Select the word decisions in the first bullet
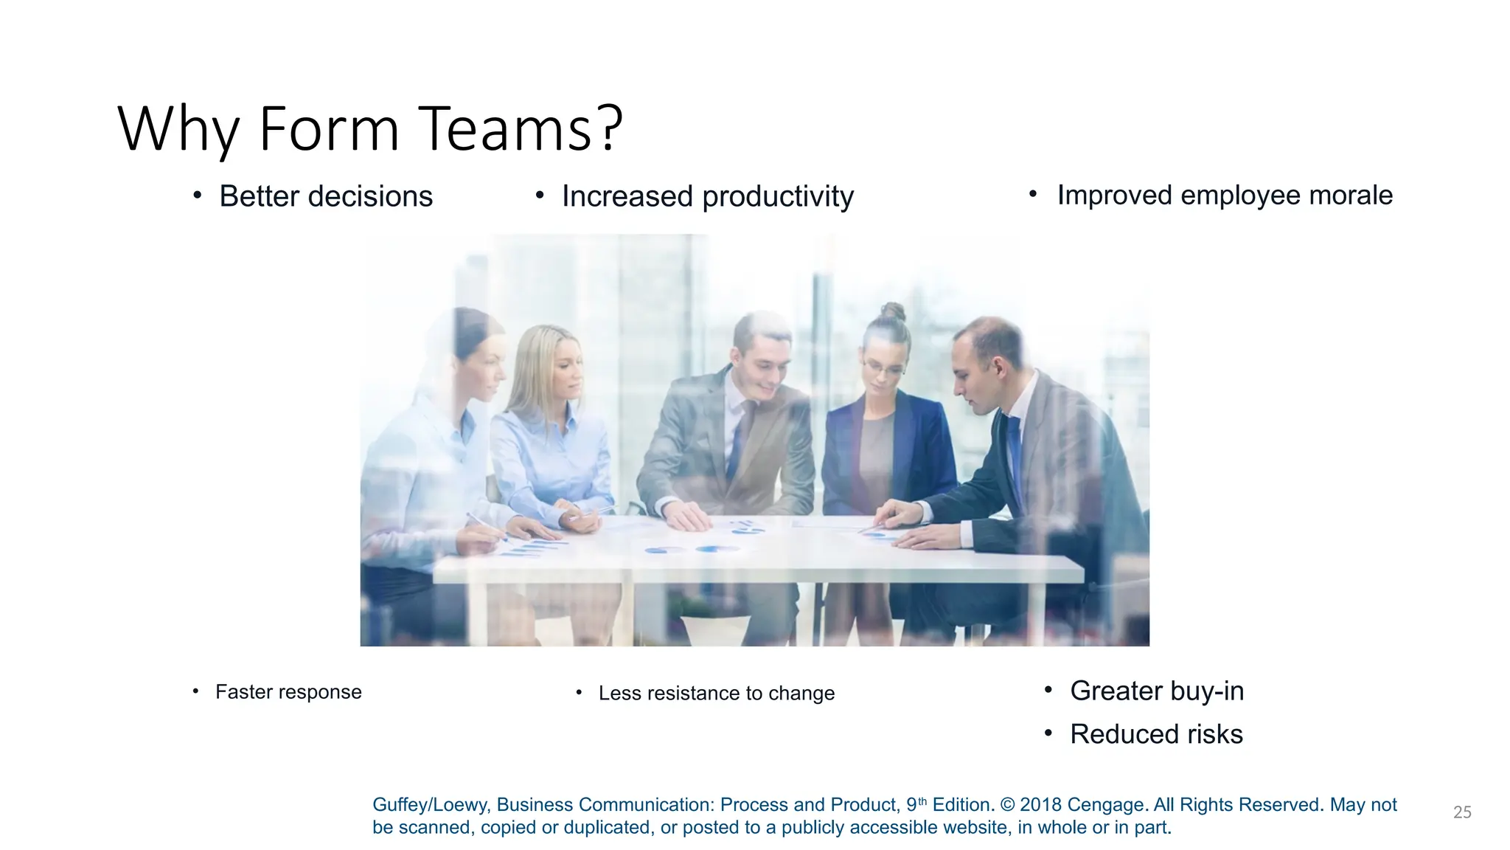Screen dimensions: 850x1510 370,197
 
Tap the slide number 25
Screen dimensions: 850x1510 1462,812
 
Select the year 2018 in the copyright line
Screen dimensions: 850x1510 1040,805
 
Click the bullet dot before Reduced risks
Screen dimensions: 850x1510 1048,733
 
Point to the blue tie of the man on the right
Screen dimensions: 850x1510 1015,457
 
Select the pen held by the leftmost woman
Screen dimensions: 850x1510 487,528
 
